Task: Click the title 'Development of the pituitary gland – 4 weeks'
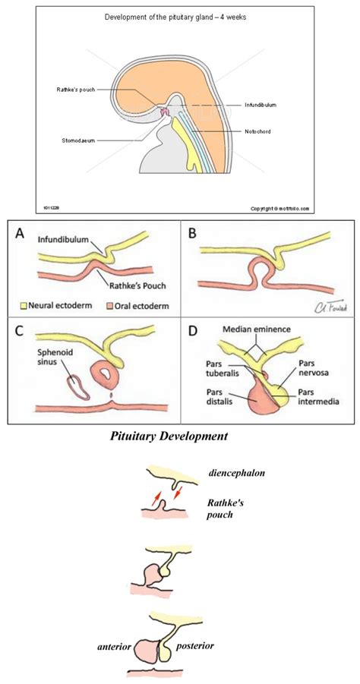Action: [180, 16]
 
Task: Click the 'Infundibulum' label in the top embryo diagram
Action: [263, 104]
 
